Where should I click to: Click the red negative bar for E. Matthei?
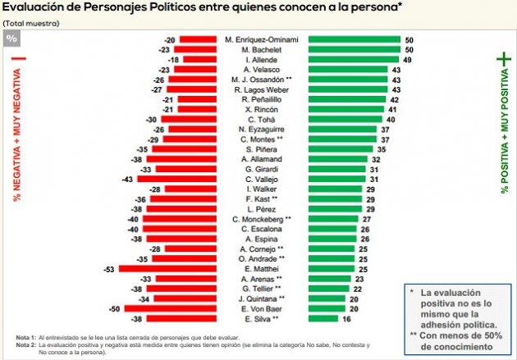(x=167, y=268)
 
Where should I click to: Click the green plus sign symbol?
(x=504, y=62)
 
